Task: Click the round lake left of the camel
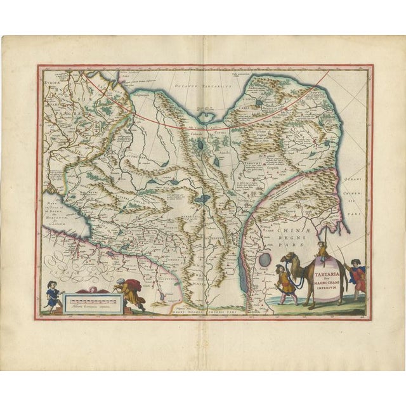264,260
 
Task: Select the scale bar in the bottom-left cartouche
88,298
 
